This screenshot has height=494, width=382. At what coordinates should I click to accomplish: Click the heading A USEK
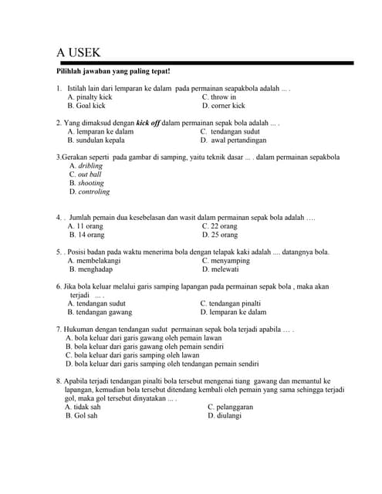[x=79, y=52]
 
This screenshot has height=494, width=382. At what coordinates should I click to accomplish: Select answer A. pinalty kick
[x=90, y=97]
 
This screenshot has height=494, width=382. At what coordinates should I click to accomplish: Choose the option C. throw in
[x=219, y=97]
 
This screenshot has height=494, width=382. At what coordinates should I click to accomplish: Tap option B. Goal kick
[x=86, y=106]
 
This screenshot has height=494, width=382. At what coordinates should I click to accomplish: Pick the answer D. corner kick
[x=224, y=106]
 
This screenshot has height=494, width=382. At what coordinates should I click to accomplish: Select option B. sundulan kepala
[x=96, y=140]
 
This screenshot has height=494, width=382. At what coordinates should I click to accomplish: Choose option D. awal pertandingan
[x=234, y=140]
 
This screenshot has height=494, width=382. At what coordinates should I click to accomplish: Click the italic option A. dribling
[x=86, y=166]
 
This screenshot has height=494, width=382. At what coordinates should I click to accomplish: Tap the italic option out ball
[x=89, y=174]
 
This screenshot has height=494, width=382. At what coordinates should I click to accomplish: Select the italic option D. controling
[x=90, y=191]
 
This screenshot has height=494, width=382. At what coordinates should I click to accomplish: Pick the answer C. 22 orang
[x=220, y=226]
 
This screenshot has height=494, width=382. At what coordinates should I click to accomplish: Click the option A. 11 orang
[x=86, y=226]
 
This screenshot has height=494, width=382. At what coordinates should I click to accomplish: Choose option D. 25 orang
[x=220, y=235]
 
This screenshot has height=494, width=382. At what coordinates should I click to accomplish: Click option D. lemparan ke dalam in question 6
[x=233, y=313]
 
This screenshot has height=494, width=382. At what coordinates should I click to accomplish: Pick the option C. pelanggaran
[x=236, y=407]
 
